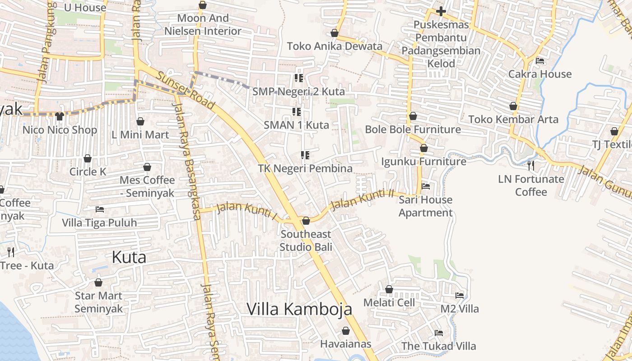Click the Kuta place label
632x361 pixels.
pos(129,257)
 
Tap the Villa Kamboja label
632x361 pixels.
pos(299,309)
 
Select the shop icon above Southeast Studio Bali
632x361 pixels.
pos(306,221)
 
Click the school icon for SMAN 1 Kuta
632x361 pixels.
pos(297,111)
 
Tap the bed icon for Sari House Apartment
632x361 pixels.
pos(425,186)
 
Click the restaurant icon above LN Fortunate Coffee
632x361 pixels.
pos(531,166)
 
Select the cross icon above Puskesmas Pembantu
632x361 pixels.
pos(441,11)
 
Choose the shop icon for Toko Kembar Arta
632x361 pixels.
pos(513,106)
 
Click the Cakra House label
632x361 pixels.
pos(540,74)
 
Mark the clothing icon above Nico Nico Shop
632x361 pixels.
pos(60,116)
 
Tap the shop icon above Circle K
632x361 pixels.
pos(88,158)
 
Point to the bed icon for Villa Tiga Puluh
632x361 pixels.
pos(100,209)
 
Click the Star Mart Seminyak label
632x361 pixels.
pos(98,302)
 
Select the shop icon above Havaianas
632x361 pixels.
pos(346,331)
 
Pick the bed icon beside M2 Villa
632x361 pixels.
pos(460,296)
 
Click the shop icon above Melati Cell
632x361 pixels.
pos(389,289)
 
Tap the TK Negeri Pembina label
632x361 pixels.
pos(305,168)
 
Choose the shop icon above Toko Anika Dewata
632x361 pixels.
pos(335,33)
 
